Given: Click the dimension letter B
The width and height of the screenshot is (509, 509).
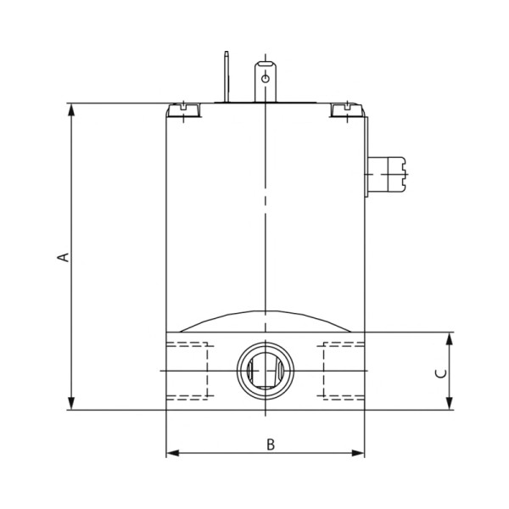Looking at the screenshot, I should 271,444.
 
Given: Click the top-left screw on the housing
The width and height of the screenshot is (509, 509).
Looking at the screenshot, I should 183,109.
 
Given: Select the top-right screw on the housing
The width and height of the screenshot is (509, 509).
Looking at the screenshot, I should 344,109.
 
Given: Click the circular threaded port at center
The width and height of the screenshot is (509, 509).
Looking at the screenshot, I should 266,372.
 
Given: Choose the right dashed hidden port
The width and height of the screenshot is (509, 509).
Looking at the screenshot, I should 344,372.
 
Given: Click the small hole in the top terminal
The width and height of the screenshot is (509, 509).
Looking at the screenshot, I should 266,78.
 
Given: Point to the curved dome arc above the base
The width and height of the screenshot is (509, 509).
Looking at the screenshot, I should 266,313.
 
